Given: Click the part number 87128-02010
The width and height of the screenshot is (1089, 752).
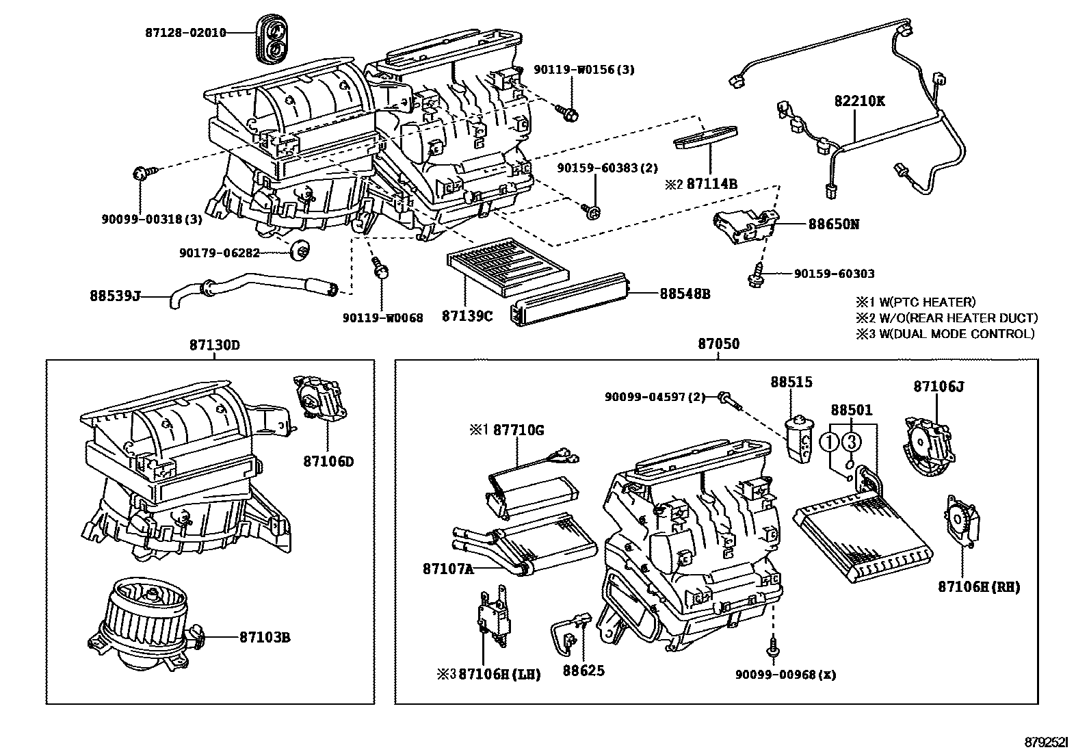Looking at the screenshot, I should point(185,32).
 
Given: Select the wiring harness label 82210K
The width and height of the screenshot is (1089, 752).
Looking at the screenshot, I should point(859,101).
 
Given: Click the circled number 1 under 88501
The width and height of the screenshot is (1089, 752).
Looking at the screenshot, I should point(830,442).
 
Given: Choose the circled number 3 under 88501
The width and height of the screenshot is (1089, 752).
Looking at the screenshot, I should point(851,442).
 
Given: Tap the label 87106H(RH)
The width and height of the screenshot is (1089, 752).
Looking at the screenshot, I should point(978,587).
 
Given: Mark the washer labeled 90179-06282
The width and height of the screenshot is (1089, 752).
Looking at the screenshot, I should point(299,252).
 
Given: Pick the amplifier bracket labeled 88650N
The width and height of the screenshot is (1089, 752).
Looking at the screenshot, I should point(744,226).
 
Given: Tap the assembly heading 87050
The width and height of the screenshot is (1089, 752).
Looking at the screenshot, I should point(718,344).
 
